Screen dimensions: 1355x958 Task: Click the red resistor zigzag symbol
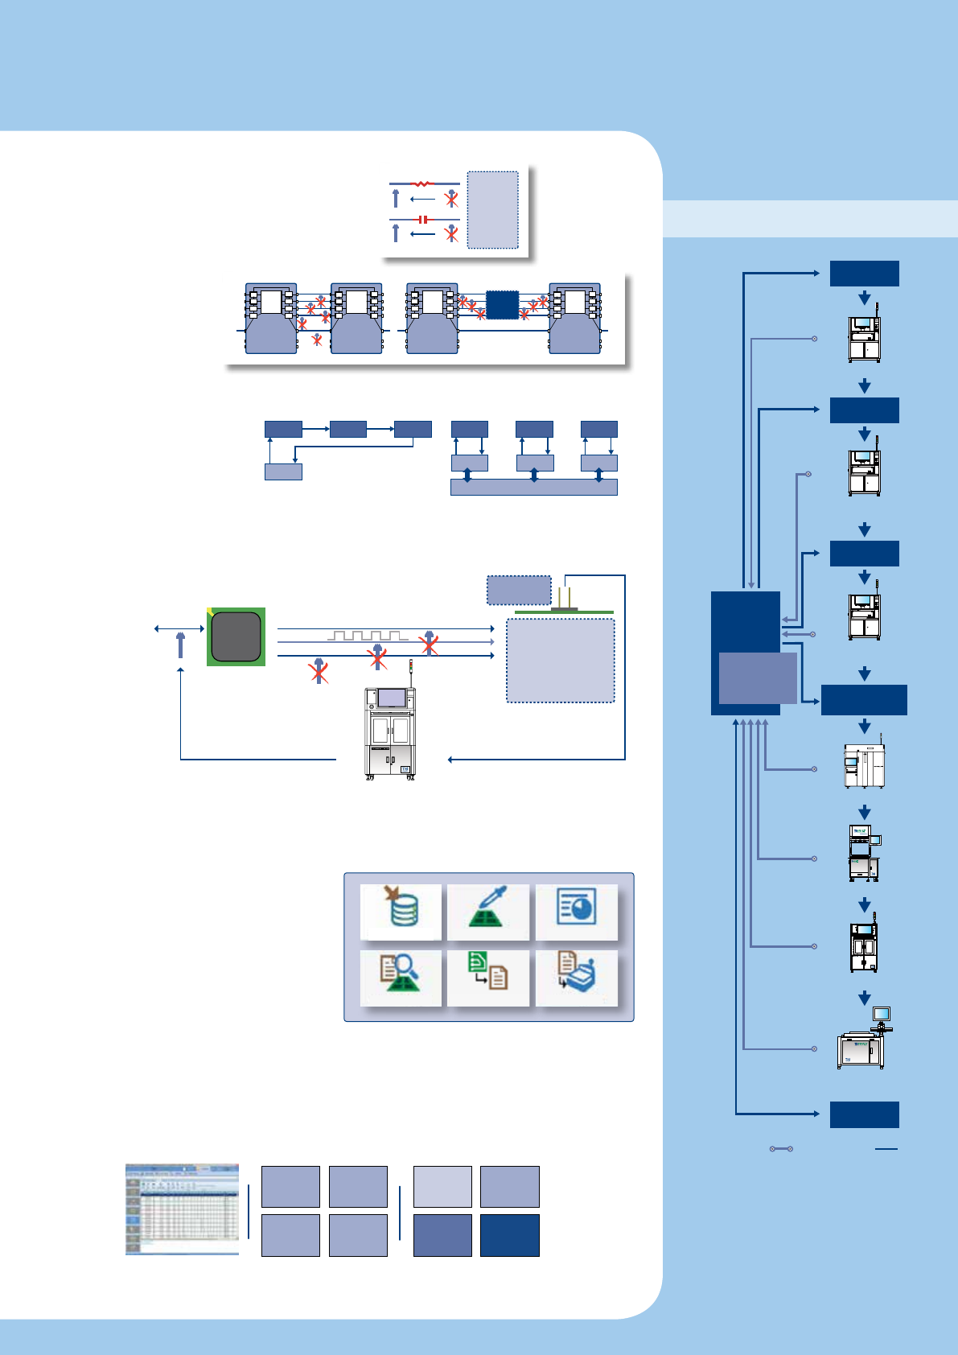pyautogui.click(x=421, y=184)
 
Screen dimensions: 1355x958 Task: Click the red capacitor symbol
pyautogui.click(x=423, y=220)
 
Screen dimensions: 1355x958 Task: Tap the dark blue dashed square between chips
pyautogui.click(x=502, y=306)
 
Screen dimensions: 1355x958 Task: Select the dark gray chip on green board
pyautogui.click(x=236, y=636)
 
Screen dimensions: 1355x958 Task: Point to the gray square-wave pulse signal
pyautogui.click(x=367, y=636)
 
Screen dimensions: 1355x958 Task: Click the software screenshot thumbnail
pyautogui.click(x=182, y=1209)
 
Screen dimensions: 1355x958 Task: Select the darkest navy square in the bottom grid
pyautogui.click(x=510, y=1236)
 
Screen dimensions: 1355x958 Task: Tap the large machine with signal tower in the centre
pyautogui.click(x=390, y=728)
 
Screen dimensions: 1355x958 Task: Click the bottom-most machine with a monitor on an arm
pyautogui.click(x=863, y=1040)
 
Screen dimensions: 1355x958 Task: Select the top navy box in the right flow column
pyautogui.click(x=864, y=274)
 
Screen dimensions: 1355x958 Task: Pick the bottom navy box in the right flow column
pyautogui.click(x=864, y=1114)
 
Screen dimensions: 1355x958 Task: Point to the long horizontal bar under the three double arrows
pyautogui.click(x=533, y=487)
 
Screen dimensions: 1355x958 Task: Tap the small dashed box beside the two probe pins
pyautogui.click(x=519, y=590)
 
